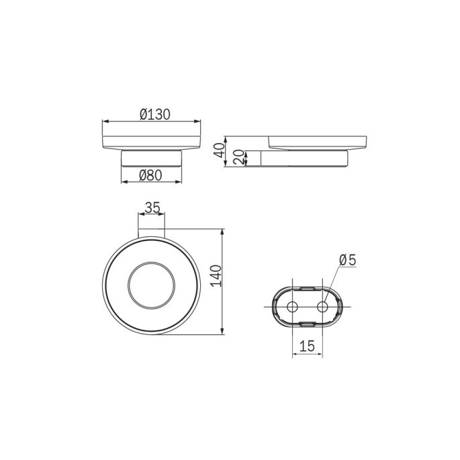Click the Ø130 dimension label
[x=154, y=114]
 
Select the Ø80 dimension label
[x=151, y=176]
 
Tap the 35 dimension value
[x=152, y=208]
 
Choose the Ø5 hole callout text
[x=347, y=259]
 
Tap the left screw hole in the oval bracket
[x=292, y=307]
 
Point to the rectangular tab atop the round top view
[x=151, y=233]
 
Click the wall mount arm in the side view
[x=306, y=158]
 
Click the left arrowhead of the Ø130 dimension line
[x=104, y=122]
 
